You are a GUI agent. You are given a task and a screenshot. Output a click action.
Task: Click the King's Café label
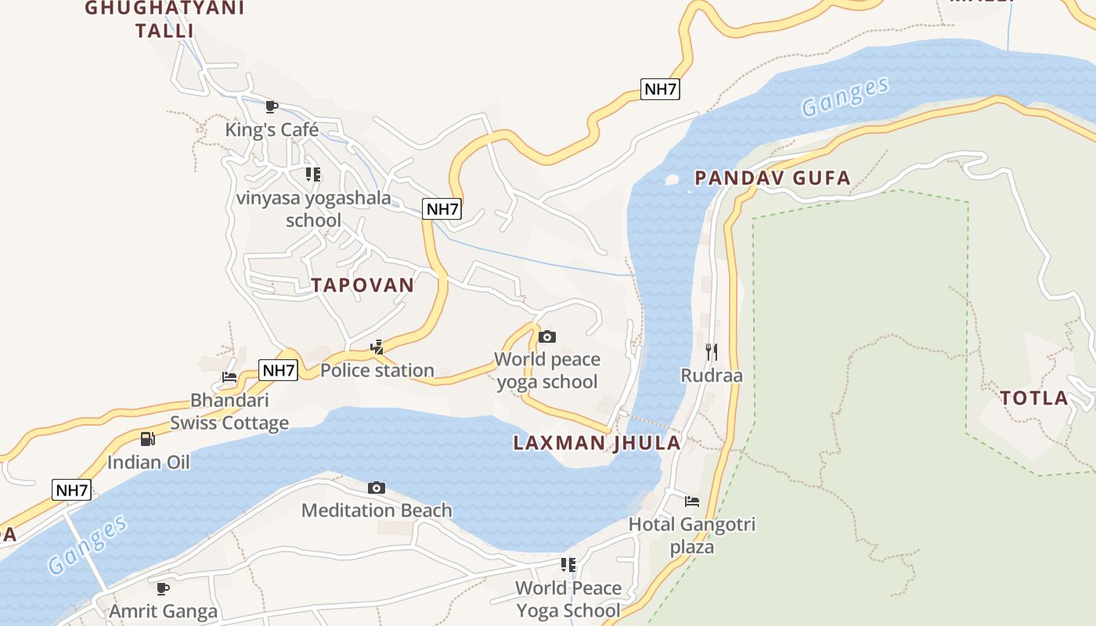(x=272, y=129)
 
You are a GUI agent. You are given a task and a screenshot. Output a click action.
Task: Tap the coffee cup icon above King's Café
(x=272, y=106)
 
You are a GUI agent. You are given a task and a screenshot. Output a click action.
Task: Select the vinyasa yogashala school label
(x=313, y=209)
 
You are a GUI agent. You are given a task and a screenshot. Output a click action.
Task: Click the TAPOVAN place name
(x=362, y=285)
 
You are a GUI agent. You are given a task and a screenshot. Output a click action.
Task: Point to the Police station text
(x=377, y=370)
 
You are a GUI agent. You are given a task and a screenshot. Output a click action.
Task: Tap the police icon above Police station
(x=377, y=347)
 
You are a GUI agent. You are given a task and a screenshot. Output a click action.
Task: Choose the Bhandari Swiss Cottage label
(x=229, y=412)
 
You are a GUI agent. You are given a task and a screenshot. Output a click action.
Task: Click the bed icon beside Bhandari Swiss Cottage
(x=229, y=377)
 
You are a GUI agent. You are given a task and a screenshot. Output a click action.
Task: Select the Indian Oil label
(x=148, y=462)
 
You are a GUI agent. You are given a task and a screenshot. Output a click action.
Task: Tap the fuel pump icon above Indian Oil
(x=148, y=439)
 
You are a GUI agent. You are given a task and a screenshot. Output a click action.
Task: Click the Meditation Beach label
(x=377, y=510)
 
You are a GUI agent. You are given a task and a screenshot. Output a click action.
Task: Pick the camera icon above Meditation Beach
(x=377, y=487)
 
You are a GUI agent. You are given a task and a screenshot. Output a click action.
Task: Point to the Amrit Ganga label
(x=163, y=610)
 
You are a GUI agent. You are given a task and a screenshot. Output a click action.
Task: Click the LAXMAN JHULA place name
(x=597, y=443)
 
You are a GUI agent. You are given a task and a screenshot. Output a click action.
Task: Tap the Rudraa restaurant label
(x=712, y=375)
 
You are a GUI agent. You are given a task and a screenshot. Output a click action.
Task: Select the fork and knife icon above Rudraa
(x=712, y=351)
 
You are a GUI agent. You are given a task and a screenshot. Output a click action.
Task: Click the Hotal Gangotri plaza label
(x=692, y=535)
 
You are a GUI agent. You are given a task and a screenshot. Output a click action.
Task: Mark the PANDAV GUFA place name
(x=772, y=178)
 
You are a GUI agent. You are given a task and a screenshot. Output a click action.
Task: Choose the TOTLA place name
(x=1034, y=398)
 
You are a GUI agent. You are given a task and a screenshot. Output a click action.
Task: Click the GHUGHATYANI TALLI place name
(x=164, y=20)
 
